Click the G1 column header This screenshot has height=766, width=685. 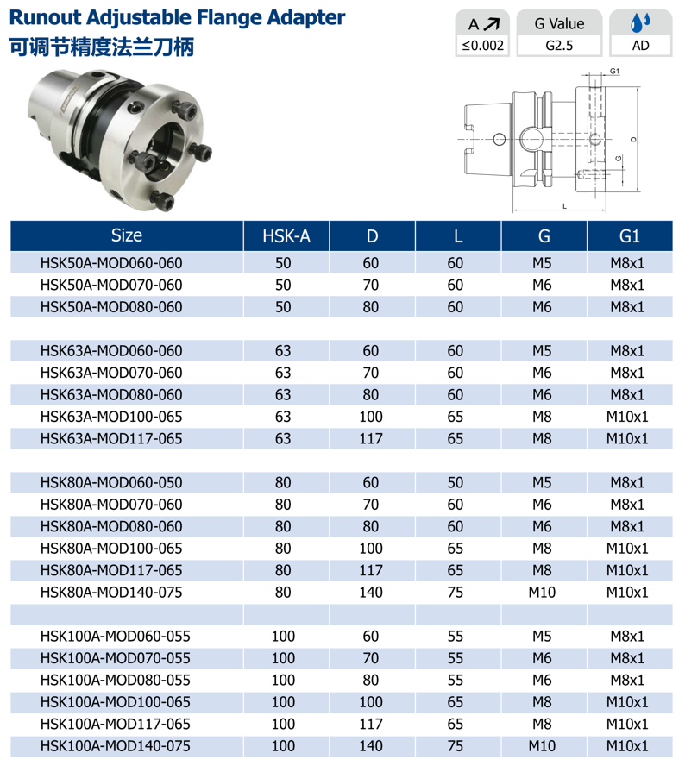(629, 236)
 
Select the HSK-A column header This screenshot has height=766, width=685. (286, 236)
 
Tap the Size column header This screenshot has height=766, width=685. (127, 235)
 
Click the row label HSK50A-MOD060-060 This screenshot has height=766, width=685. (111, 263)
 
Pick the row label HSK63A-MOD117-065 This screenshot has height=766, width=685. (111, 439)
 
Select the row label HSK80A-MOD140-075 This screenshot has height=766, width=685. (111, 593)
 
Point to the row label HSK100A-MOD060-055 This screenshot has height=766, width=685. (116, 637)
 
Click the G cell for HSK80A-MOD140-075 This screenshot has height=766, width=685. (542, 593)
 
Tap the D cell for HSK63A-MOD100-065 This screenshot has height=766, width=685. (371, 417)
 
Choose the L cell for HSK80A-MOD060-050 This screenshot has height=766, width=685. (456, 483)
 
